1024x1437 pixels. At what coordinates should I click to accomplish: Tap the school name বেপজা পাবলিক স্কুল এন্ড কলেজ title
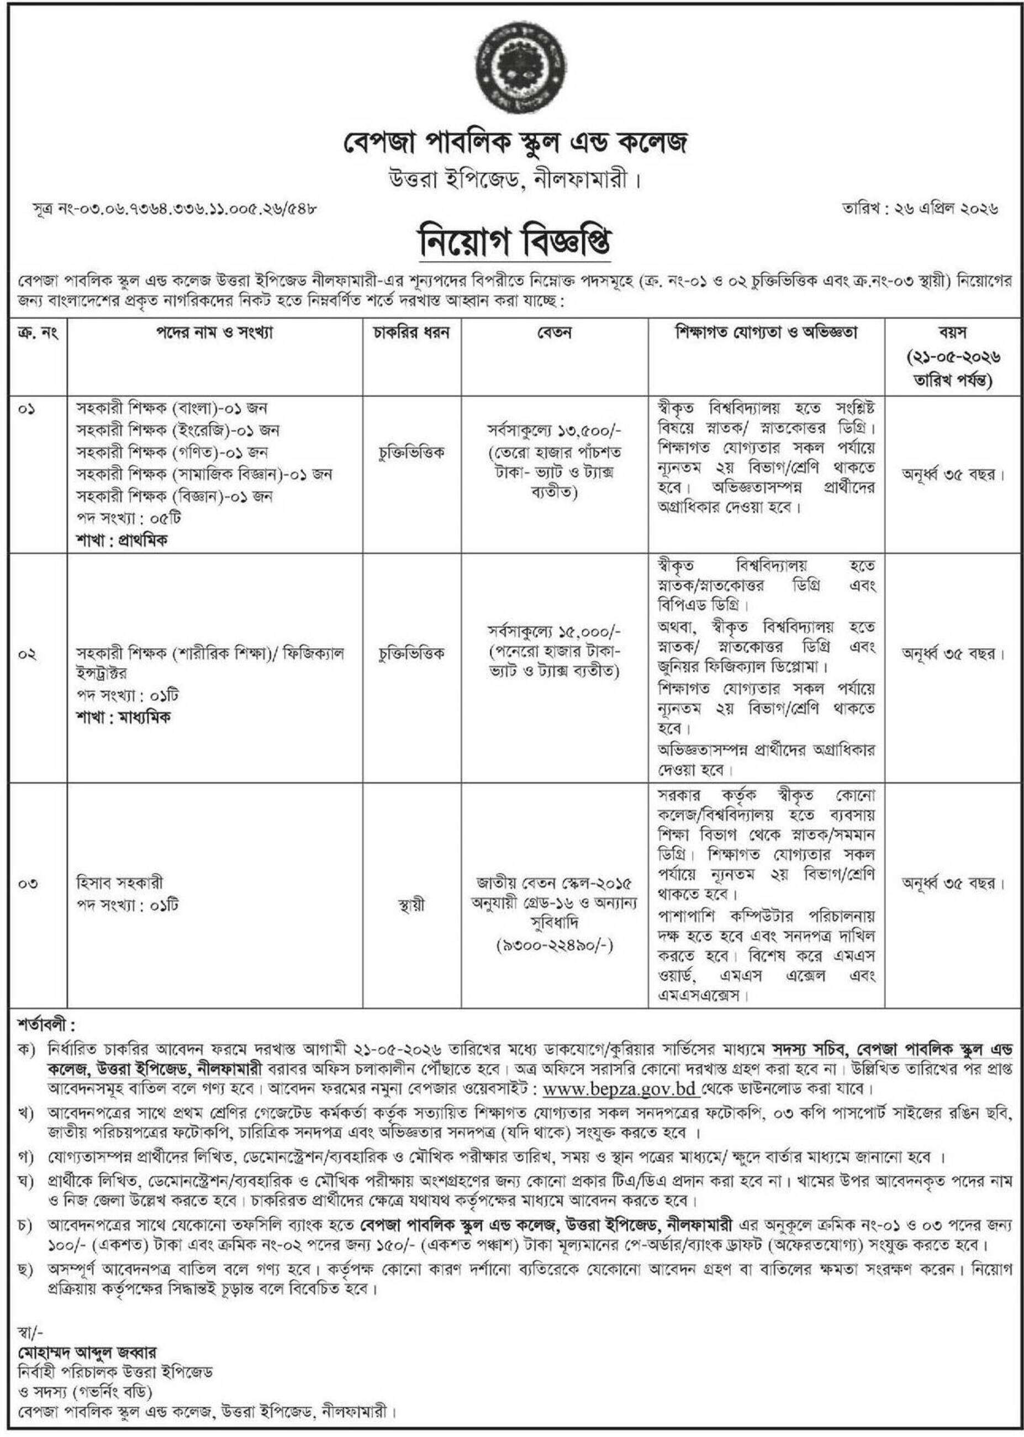[511, 143]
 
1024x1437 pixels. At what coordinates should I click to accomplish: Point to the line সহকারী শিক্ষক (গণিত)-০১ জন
[173, 452]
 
